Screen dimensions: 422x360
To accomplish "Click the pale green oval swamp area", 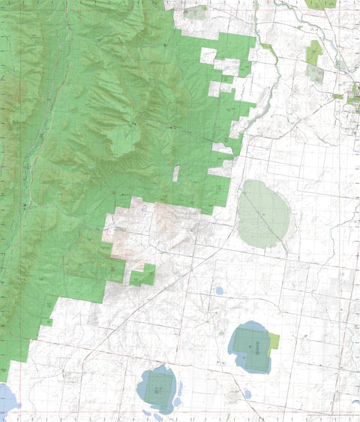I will (x=263, y=213).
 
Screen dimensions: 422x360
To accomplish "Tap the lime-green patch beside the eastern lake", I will (x=274, y=342).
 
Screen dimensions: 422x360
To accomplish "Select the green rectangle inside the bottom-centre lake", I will (x=157, y=387).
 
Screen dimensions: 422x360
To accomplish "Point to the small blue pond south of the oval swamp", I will (x=219, y=290).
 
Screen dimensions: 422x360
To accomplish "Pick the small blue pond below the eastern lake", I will (x=247, y=393).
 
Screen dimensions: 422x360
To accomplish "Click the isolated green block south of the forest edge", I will (x=142, y=276).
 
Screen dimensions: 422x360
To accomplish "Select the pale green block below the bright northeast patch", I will (x=313, y=72).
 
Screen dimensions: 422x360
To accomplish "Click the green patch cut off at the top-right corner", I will (x=321, y=4).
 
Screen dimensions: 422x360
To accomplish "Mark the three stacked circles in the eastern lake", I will (x=257, y=346).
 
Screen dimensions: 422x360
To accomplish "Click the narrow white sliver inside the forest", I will (x=176, y=173).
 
